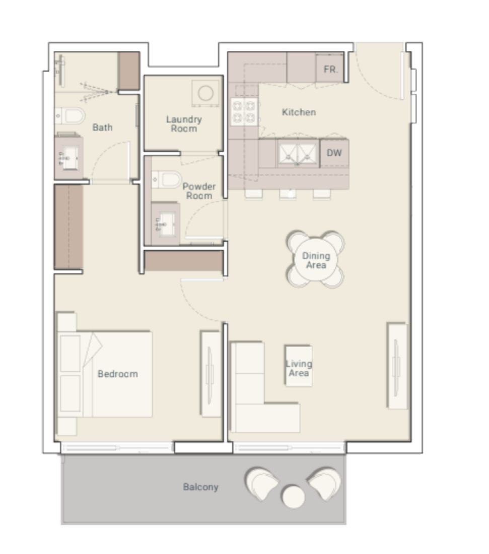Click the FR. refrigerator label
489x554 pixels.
click(x=330, y=70)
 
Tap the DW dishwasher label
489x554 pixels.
click(x=334, y=153)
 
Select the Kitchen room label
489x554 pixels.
click(x=299, y=112)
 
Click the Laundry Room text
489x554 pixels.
click(x=184, y=124)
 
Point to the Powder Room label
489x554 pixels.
click(x=199, y=191)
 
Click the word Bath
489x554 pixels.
click(x=102, y=127)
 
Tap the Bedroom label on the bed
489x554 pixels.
click(x=117, y=374)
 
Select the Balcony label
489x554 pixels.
click(x=200, y=487)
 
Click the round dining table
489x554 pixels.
click(x=316, y=260)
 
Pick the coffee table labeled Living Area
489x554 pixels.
click(x=299, y=367)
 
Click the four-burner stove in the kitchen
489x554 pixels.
click(x=244, y=112)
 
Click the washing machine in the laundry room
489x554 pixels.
click(x=206, y=93)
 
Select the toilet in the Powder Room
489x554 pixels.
click(x=167, y=179)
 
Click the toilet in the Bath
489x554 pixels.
click(x=71, y=116)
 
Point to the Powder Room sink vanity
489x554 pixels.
click(x=165, y=224)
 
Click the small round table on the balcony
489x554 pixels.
click(x=293, y=497)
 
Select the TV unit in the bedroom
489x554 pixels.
click(x=211, y=373)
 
